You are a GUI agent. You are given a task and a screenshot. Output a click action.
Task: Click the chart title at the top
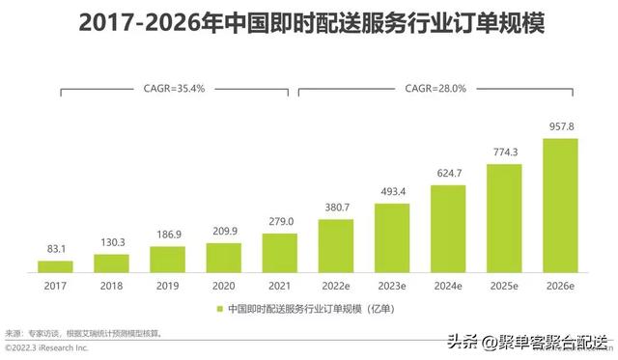[309, 22]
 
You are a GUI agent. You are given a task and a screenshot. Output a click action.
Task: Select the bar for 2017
[55, 265]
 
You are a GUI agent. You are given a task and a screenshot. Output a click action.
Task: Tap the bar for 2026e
[560, 205]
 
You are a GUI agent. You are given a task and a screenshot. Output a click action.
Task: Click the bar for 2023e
[391, 236]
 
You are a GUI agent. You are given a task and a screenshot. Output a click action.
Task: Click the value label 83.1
[55, 249]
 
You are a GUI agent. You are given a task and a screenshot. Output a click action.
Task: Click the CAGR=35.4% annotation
[175, 88]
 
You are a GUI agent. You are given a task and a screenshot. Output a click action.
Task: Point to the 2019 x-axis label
[167, 285]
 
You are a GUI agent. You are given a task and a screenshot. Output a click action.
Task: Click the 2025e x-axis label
[504, 285]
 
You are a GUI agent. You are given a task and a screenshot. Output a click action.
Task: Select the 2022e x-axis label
[335, 285]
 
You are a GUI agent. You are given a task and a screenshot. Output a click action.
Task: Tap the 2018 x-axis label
[111, 285]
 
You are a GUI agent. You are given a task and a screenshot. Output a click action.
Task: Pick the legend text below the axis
[311, 309]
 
